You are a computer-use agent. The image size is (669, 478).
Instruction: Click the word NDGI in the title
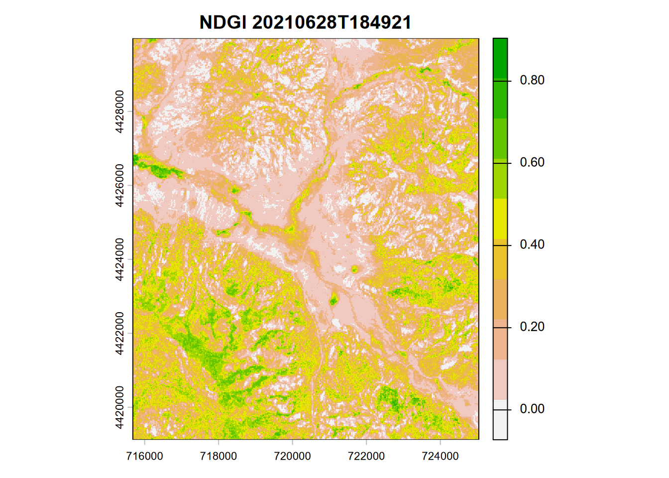pos(223,22)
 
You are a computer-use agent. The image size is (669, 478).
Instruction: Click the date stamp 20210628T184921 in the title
pos(332,22)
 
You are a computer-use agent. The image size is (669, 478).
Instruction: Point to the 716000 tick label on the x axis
pos(144,456)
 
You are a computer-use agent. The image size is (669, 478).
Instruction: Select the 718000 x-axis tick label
pos(219,456)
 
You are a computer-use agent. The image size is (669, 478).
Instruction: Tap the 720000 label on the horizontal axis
pos(292,456)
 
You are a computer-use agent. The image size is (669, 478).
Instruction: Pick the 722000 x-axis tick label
pos(366,456)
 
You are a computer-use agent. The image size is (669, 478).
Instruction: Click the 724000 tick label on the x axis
pos(440,456)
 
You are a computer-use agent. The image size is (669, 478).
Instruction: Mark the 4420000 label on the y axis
pos(119,407)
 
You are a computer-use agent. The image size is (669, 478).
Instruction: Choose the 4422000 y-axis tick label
pos(119,333)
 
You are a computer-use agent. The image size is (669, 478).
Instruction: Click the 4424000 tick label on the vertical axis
pos(119,259)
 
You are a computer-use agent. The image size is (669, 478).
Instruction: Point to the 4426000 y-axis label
pos(119,185)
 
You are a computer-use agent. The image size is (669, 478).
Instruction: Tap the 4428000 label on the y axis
pos(119,112)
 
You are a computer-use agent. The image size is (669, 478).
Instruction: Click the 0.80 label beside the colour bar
pos(532,80)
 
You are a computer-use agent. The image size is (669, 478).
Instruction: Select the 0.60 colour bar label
pos(532,162)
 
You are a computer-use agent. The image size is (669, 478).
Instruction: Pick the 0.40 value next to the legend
pos(532,244)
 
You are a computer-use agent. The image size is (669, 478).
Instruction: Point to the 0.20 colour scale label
pos(532,327)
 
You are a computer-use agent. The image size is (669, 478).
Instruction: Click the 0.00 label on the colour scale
pos(532,409)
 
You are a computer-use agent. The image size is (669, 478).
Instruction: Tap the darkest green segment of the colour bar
pos(500,59)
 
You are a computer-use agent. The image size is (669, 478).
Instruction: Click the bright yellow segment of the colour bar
pos(500,219)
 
